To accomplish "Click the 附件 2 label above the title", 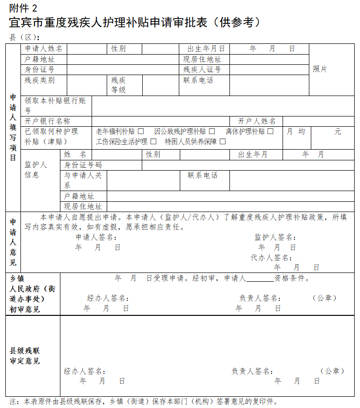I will pyautogui.click(x=23, y=7).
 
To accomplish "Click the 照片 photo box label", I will pyautogui.click(x=320, y=69).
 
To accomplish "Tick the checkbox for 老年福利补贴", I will pyautogui.click(x=141, y=132).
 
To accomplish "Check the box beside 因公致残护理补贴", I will pyautogui.click(x=212, y=132).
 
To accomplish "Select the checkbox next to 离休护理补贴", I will pyautogui.click(x=270, y=132).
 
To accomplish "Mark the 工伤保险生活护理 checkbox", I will pyautogui.click(x=153, y=142).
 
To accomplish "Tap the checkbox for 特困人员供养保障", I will pyautogui.click(x=223, y=142).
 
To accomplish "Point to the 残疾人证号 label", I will pyautogui.click(x=202, y=69).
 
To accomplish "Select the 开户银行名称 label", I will pyautogui.click(x=47, y=121).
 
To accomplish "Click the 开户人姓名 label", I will pyautogui.click(x=257, y=121).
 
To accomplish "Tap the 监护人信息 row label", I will pyautogui.click(x=36, y=170).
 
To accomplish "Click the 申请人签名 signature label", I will pyautogui.click(x=96, y=237).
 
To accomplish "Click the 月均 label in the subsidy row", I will pyautogui.click(x=296, y=132).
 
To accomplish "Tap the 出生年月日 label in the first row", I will pyautogui.click(x=206, y=49).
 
